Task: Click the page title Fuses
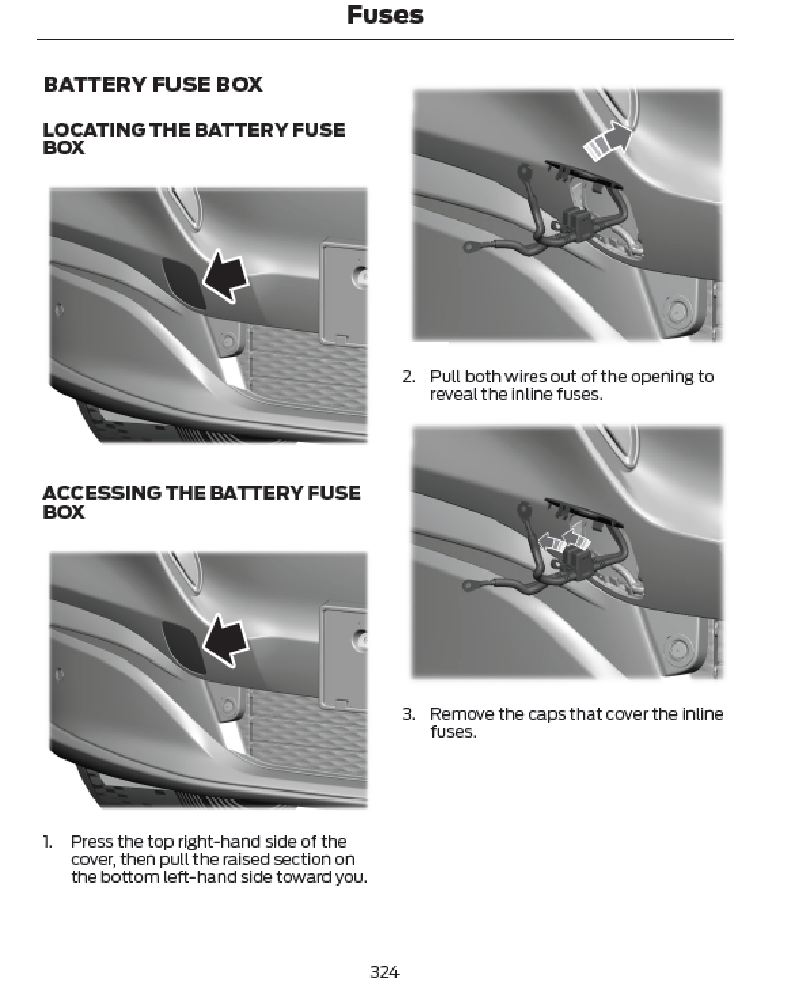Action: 384,15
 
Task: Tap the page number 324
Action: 384,971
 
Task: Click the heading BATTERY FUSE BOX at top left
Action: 153,85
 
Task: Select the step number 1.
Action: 47,842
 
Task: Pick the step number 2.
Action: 408,377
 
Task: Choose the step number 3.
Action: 408,714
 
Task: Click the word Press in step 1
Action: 92,842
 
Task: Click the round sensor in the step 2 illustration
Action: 677,311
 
